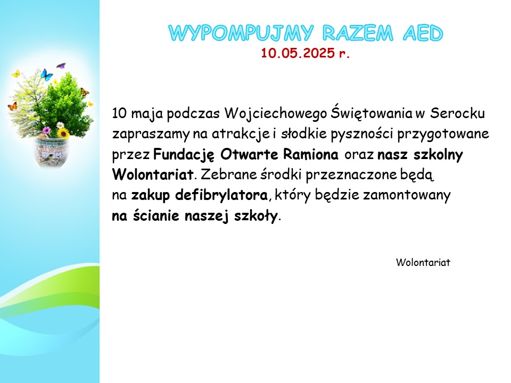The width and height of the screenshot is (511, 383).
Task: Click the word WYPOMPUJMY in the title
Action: (241, 33)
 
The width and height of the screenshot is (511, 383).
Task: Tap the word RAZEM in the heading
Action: (358, 33)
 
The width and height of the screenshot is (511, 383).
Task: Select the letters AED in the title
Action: (423, 33)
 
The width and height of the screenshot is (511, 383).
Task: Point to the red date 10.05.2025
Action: (298, 53)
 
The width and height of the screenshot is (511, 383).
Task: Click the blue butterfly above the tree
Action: (47, 75)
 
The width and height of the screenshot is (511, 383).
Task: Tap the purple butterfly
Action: (61, 66)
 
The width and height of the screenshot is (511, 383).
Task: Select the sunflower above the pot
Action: (63, 133)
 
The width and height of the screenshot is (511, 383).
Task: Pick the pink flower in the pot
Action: (47, 131)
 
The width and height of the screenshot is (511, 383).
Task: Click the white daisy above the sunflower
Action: (60, 124)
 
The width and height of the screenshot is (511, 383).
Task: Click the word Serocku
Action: (457, 113)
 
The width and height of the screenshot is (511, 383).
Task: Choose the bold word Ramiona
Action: (310, 154)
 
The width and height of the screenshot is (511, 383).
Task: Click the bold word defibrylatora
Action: (221, 195)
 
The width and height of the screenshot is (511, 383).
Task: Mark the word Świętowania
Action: (372, 113)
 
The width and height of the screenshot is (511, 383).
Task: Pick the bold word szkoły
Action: (256, 215)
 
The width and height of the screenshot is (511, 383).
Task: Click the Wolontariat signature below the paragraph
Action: (423, 262)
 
